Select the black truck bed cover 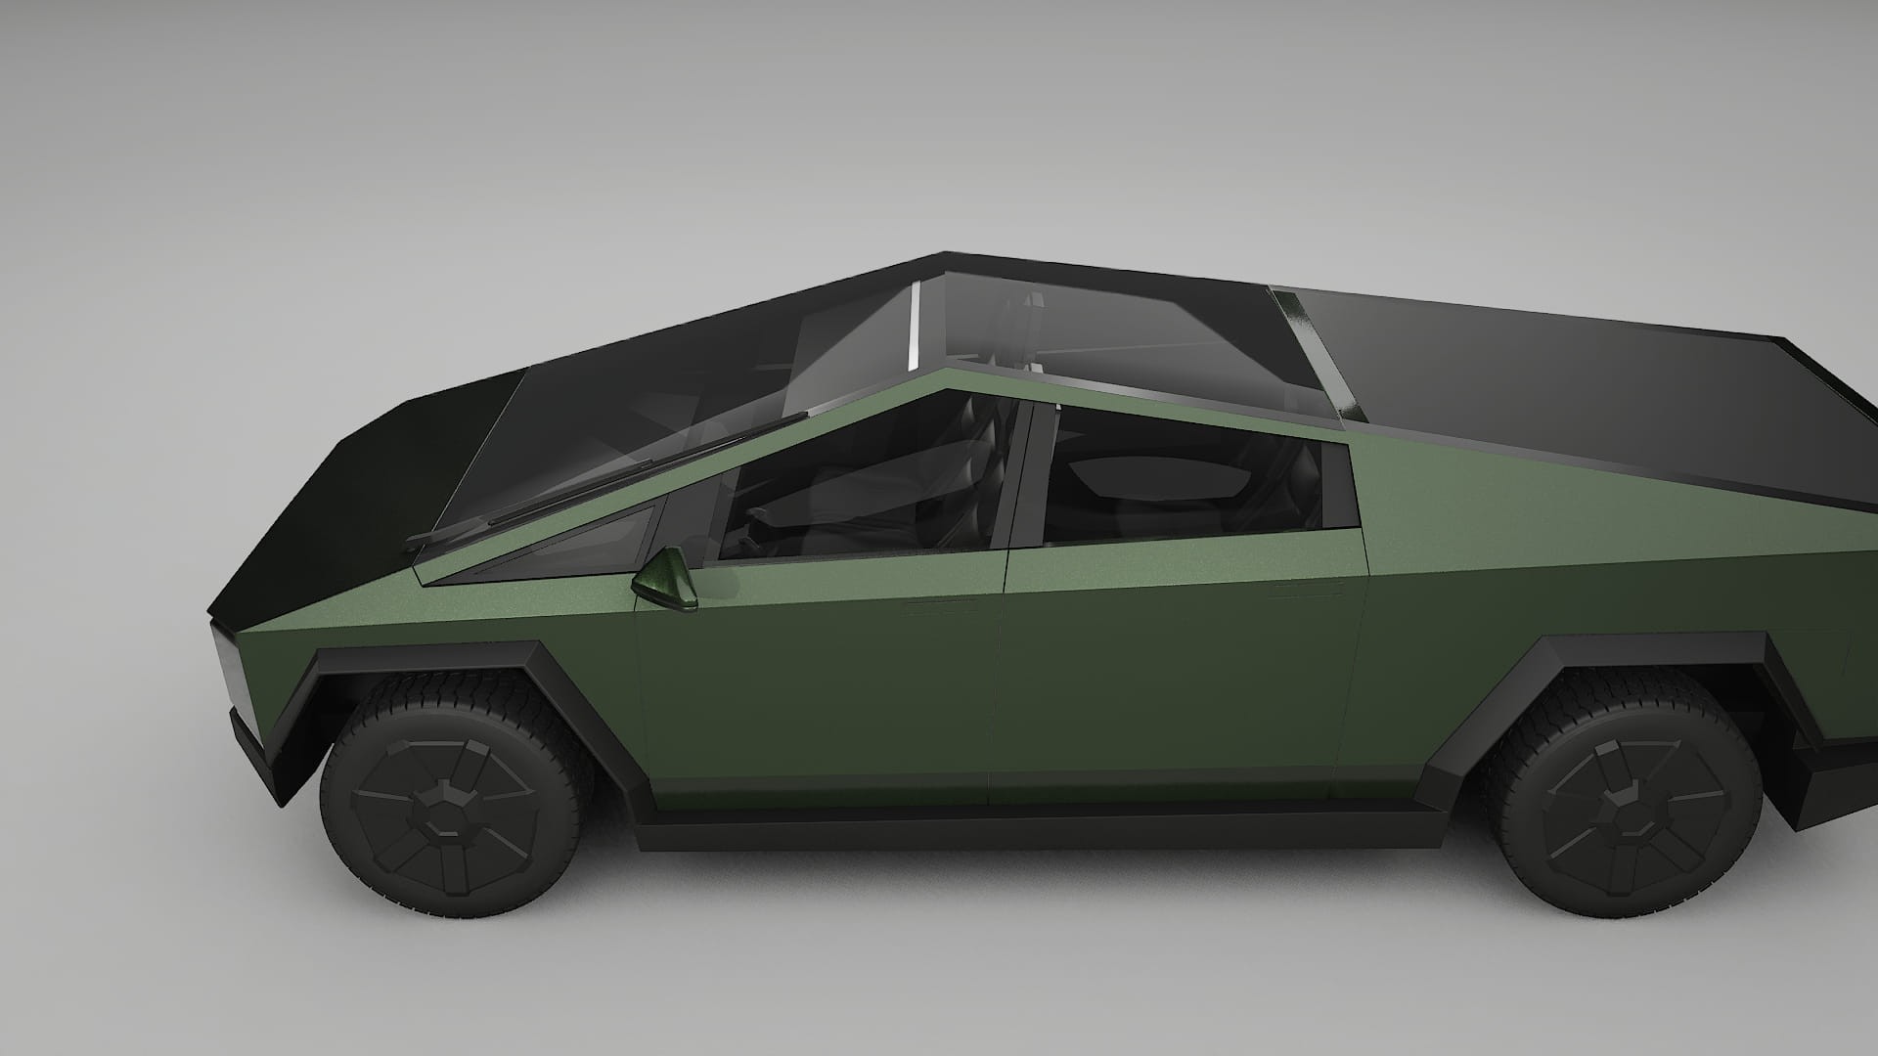[1565, 391]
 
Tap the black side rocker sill [1027, 831]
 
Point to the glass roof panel [1105, 332]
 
